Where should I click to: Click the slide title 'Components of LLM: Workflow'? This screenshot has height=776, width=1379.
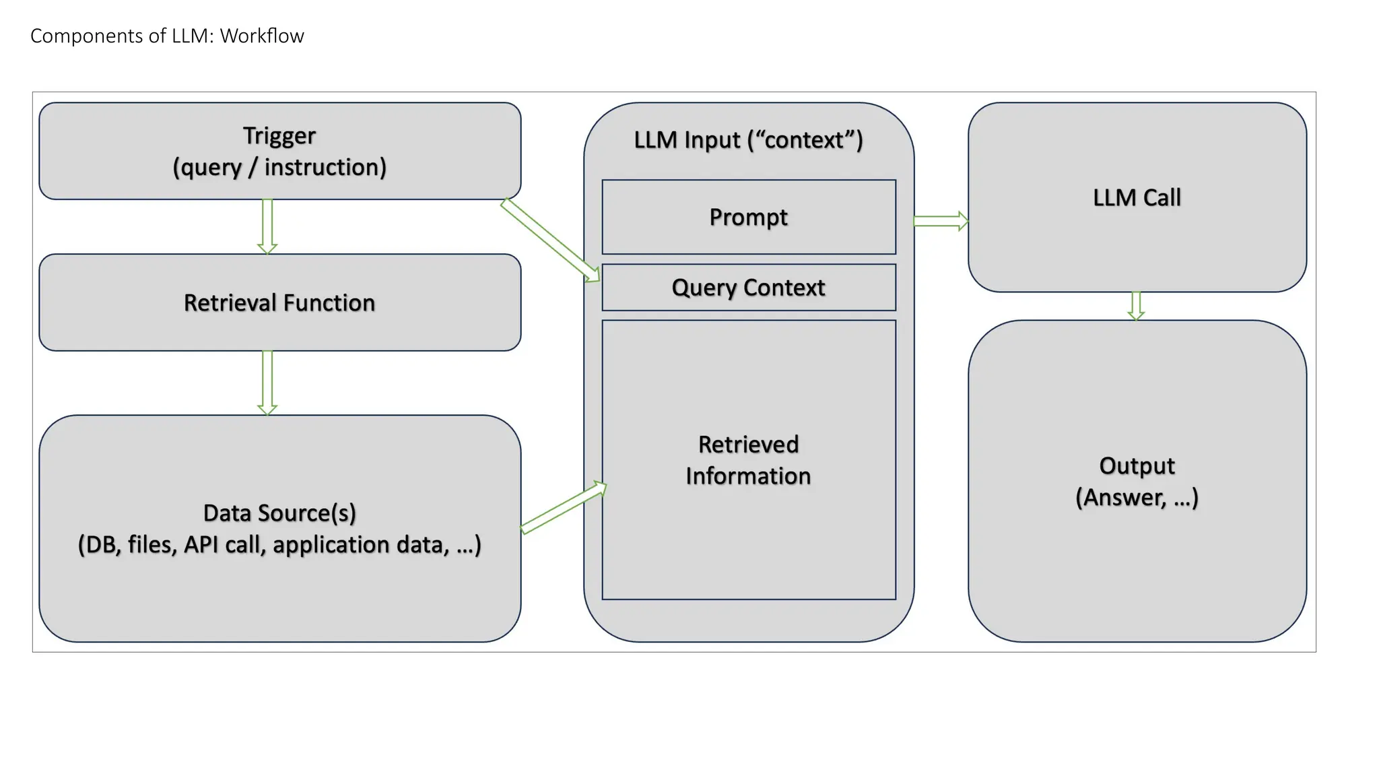pyautogui.click(x=167, y=36)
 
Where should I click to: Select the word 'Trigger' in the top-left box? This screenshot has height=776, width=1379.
pyautogui.click(x=279, y=136)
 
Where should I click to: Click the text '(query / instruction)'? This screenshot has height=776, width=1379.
pyautogui.click(x=279, y=167)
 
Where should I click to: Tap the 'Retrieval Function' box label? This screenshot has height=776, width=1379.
pyautogui.click(x=279, y=303)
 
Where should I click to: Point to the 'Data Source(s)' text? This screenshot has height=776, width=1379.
pyautogui.click(x=279, y=513)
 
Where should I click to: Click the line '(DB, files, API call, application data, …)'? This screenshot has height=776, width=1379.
pyautogui.click(x=279, y=545)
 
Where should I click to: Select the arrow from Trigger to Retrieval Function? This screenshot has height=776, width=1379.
pyautogui.click(x=267, y=226)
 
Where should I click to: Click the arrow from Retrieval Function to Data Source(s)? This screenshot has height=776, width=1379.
pyautogui.click(x=267, y=382)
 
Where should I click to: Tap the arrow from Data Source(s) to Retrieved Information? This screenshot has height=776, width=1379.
pyautogui.click(x=564, y=508)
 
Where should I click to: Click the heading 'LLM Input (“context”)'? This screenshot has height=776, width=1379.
pyautogui.click(x=748, y=140)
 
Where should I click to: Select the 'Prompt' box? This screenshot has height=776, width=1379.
pyautogui.click(x=748, y=217)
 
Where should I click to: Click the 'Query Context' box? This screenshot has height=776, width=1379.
pyautogui.click(x=748, y=288)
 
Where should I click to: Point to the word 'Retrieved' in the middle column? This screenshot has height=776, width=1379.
pyautogui.click(x=748, y=445)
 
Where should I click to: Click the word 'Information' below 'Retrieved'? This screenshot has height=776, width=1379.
pyautogui.click(x=748, y=476)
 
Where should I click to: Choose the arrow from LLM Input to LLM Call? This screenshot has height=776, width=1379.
pyautogui.click(x=941, y=221)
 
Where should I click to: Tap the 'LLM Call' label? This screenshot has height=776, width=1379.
pyautogui.click(x=1137, y=197)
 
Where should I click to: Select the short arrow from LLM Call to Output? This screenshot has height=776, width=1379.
pyautogui.click(x=1136, y=306)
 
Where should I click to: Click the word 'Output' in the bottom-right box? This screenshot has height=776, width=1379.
pyautogui.click(x=1137, y=465)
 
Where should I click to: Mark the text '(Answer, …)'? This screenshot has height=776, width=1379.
pyautogui.click(x=1137, y=498)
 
